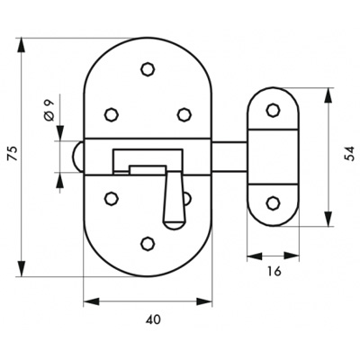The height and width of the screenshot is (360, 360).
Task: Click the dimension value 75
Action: (x=14, y=155)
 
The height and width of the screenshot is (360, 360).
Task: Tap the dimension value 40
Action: (x=153, y=319)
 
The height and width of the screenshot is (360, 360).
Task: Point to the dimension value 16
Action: (x=274, y=271)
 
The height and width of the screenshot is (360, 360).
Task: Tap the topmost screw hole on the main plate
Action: (x=148, y=69)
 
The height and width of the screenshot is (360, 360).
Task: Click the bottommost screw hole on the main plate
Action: (x=148, y=243)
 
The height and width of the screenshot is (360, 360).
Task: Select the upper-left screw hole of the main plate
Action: (x=112, y=114)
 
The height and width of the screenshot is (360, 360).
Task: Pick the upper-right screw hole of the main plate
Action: (x=184, y=114)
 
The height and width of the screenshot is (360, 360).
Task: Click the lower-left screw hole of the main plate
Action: (x=112, y=198)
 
